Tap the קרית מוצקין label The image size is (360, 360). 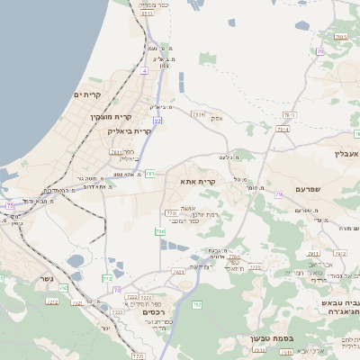click(x=111, y=116)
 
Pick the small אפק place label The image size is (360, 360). click(x=217, y=118)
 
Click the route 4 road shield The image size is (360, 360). click(x=144, y=69)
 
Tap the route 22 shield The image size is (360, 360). click(x=157, y=119)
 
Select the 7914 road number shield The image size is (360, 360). click(x=199, y=113)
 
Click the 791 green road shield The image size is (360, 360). click(x=150, y=173)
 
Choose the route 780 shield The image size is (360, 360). click(x=161, y=231)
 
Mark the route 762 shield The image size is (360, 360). click(x=196, y=305)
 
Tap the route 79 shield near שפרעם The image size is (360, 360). click(x=280, y=194)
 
